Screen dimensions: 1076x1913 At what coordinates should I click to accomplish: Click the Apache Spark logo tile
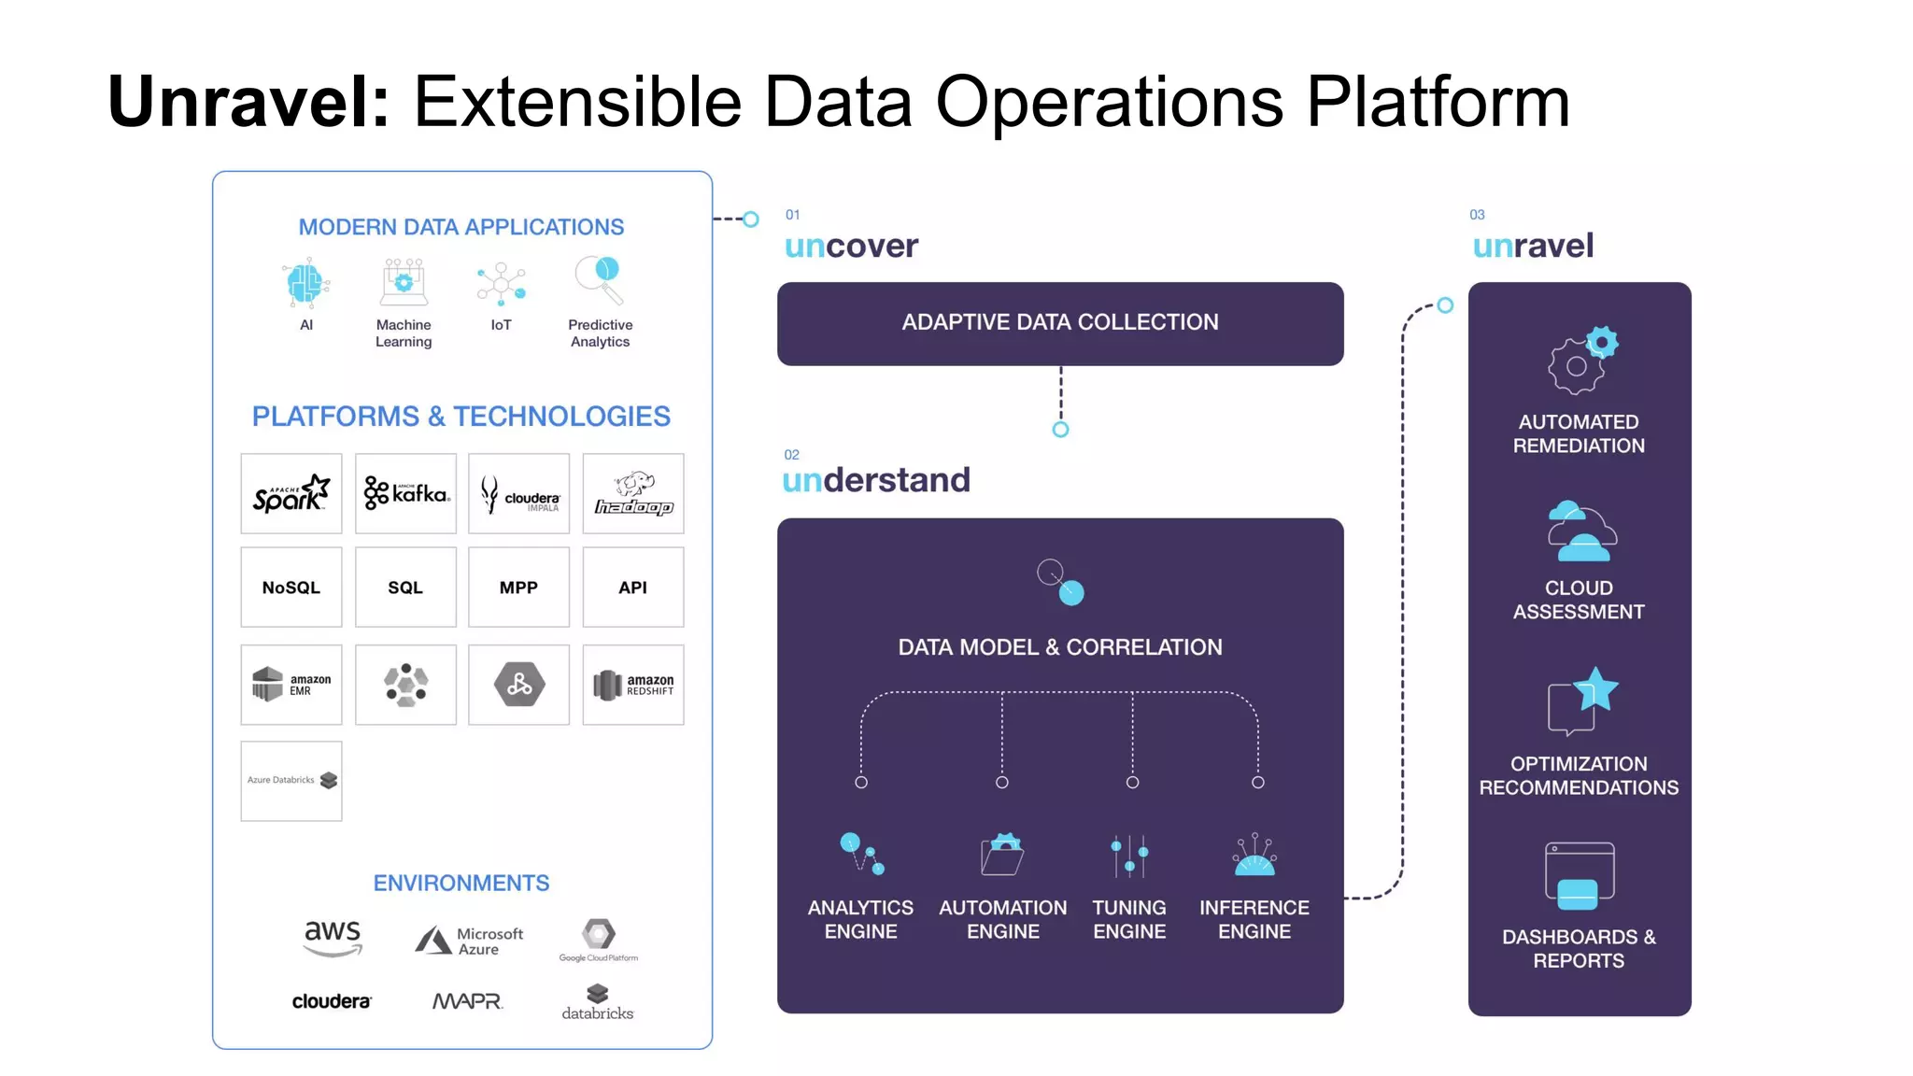pyautogui.click(x=291, y=493)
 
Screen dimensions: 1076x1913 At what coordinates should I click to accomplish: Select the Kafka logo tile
pyautogui.click(x=405, y=493)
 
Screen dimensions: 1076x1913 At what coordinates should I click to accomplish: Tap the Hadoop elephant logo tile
pyautogui.click(x=633, y=493)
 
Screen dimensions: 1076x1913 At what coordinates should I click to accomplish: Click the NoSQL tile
pyautogui.click(x=291, y=588)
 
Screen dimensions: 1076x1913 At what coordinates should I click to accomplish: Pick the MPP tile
pyautogui.click(x=518, y=588)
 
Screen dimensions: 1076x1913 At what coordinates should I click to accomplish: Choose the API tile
pyautogui.click(x=633, y=588)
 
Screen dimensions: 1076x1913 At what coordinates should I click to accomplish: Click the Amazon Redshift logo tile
pyautogui.click(x=633, y=685)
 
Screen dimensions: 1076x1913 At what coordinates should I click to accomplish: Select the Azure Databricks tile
pyautogui.click(x=291, y=781)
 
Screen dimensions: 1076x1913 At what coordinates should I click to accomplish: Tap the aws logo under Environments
pyautogui.click(x=333, y=937)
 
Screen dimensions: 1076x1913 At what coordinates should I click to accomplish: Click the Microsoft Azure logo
pyautogui.click(x=470, y=941)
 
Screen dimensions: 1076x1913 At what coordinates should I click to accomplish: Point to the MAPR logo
pyautogui.click(x=467, y=1001)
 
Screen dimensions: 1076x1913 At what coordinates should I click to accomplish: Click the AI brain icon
pyautogui.click(x=305, y=284)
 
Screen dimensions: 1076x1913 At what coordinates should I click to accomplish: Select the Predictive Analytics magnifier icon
pyautogui.click(x=600, y=279)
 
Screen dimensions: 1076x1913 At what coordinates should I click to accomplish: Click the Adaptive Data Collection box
pyautogui.click(x=1060, y=323)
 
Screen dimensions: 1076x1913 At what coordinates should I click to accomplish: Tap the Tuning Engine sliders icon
pyautogui.click(x=1129, y=856)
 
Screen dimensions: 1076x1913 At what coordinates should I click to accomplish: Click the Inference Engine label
pyautogui.click(x=1254, y=919)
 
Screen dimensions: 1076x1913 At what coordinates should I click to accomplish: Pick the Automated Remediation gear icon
pyautogui.click(x=1581, y=361)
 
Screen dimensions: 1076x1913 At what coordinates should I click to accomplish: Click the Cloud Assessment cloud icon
pyautogui.click(x=1580, y=532)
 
